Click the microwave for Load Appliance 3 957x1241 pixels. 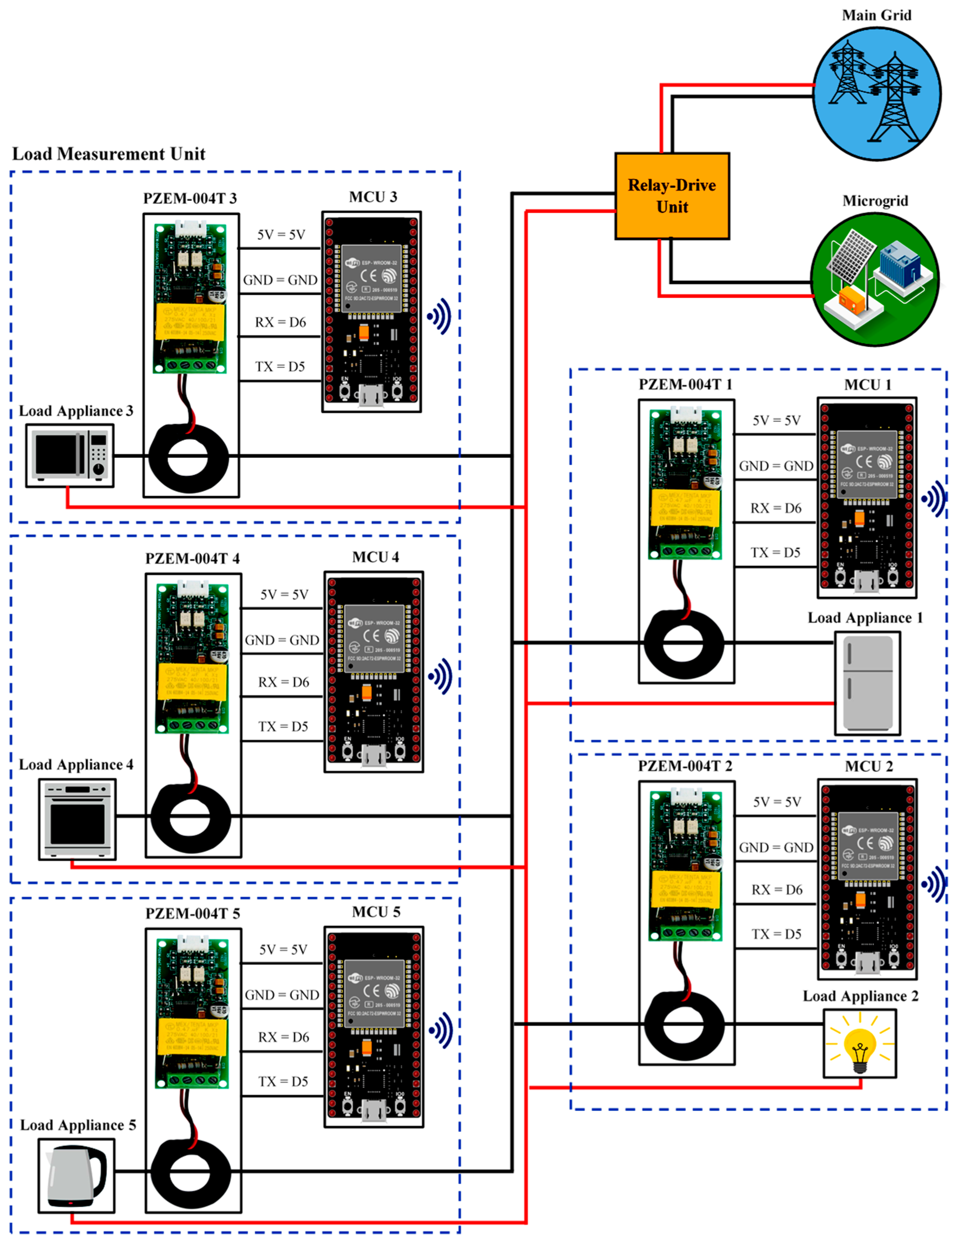69,456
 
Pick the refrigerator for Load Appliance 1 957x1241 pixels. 867,683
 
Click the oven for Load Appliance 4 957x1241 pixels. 77,819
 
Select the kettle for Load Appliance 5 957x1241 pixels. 77,1175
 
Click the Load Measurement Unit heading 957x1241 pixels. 109,154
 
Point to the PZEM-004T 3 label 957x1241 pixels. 190,198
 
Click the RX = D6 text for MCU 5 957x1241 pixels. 284,1037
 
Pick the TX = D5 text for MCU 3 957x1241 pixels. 280,366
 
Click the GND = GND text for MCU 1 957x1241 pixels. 776,466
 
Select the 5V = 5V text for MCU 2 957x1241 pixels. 777,802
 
